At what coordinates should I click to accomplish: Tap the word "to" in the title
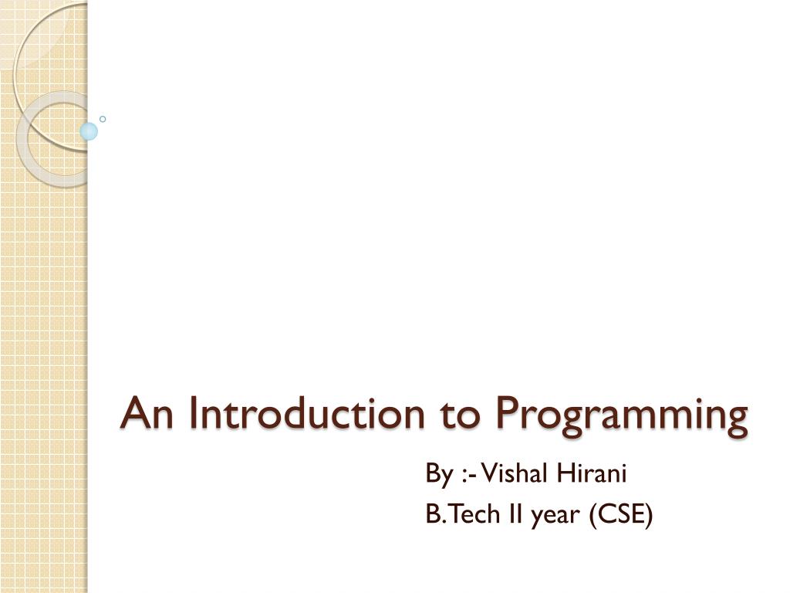(461, 415)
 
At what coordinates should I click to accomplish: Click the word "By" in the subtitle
(438, 474)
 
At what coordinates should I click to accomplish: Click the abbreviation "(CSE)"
(621, 514)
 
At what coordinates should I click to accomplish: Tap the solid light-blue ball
(89, 131)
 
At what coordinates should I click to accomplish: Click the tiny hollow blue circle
(103, 119)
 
